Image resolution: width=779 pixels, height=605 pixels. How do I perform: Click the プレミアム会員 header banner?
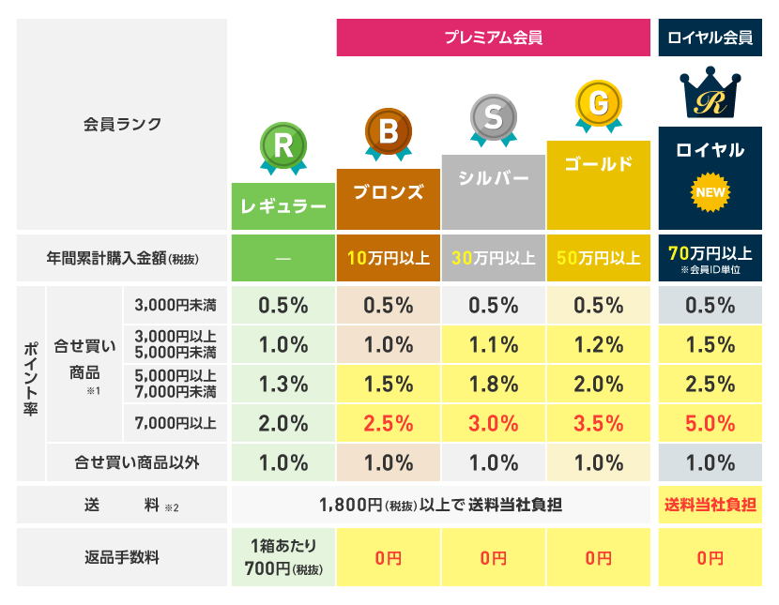click(493, 38)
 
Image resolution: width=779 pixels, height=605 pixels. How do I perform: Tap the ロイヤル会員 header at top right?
click(710, 38)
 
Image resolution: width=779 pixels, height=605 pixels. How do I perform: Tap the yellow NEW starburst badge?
click(710, 193)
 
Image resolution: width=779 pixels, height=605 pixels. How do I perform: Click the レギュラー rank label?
click(283, 206)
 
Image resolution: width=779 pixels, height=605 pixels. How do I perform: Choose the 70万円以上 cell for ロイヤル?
click(710, 257)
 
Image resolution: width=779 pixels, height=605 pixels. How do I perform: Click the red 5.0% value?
click(710, 423)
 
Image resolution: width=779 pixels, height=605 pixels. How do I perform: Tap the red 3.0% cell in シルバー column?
click(493, 423)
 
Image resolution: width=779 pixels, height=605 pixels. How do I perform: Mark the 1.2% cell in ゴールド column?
click(598, 344)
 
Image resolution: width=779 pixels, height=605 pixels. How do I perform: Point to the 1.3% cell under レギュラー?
click(283, 384)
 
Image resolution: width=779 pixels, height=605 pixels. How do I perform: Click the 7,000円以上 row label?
click(176, 423)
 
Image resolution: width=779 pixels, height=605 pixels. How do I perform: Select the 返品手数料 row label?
click(122, 557)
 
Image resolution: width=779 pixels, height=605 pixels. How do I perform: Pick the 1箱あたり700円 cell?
click(283, 557)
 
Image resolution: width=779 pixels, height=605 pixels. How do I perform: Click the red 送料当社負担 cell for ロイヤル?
click(710, 505)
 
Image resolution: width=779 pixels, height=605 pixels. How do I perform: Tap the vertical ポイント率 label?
click(29, 384)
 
